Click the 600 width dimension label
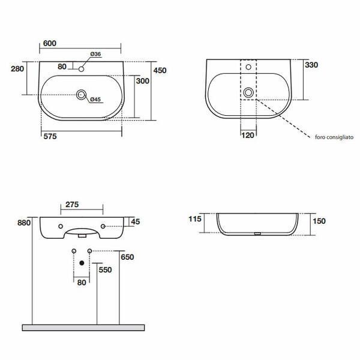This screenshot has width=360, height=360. (x=50, y=43)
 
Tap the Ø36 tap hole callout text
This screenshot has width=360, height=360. (x=95, y=54)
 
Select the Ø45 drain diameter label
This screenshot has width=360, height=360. (x=95, y=100)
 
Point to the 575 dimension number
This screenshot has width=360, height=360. (x=50, y=136)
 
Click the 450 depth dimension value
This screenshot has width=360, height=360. (x=160, y=70)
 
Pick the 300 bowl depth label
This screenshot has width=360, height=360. (x=143, y=81)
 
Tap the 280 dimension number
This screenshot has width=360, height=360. (x=17, y=68)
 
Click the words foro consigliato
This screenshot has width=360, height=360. (x=334, y=137)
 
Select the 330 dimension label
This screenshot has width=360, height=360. (x=311, y=65)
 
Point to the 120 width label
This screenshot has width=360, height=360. (x=248, y=135)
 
